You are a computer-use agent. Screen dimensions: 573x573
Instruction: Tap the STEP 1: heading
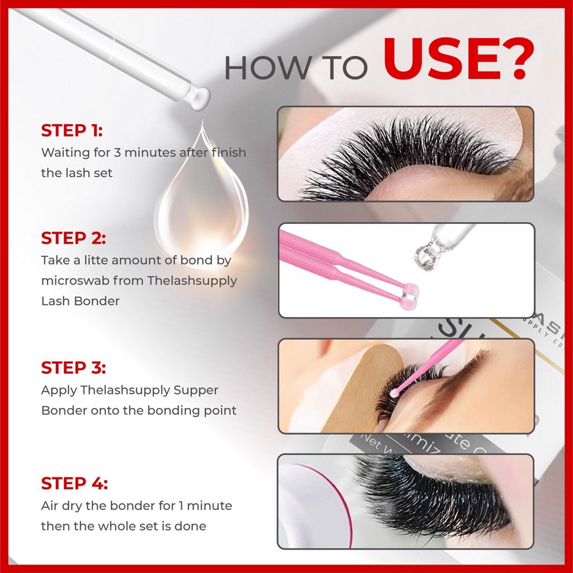[x=72, y=130]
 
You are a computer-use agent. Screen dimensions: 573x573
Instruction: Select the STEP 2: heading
[x=73, y=238]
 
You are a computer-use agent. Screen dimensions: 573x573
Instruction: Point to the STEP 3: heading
[x=73, y=368]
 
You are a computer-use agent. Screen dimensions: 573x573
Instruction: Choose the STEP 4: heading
[x=74, y=483]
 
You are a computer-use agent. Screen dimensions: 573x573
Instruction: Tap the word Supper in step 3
[x=196, y=391]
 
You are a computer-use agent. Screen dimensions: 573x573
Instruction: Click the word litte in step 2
[x=96, y=260]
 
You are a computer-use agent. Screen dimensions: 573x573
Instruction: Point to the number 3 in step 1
[x=117, y=152]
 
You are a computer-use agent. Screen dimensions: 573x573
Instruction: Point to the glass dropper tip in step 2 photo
[x=427, y=253]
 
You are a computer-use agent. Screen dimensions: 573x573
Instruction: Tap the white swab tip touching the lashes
[x=394, y=393]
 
